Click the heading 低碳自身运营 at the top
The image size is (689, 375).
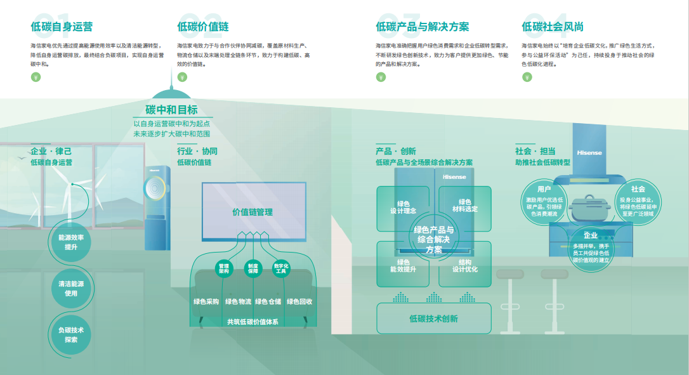[62, 27]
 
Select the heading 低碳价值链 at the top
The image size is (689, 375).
[203, 27]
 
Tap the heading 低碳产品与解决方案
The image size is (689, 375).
[423, 27]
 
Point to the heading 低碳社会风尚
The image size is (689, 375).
[553, 27]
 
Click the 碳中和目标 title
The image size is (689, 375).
[171, 110]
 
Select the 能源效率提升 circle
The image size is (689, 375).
[70, 242]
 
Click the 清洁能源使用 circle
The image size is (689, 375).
[70, 289]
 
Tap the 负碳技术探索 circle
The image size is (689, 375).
[70, 334]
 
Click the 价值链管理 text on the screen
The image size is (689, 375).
[253, 212]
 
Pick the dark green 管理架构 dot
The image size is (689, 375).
[224, 268]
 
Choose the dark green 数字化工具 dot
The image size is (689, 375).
[281, 268]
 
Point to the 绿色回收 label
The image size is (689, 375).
[299, 302]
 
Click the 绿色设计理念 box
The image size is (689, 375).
[403, 207]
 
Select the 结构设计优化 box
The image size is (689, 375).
[465, 266]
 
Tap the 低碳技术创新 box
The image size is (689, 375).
[433, 319]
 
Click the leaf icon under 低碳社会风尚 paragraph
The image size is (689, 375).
[527, 77]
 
